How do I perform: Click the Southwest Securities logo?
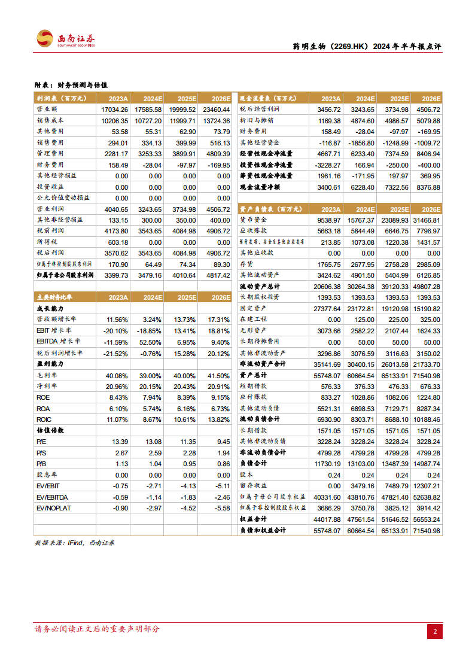tap(66, 39)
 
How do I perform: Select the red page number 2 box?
tap(436, 631)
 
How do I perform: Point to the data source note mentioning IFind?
tap(75, 543)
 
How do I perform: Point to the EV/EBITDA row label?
tap(53, 497)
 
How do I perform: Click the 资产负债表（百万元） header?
tap(269, 209)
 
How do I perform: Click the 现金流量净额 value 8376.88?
tap(428, 187)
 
